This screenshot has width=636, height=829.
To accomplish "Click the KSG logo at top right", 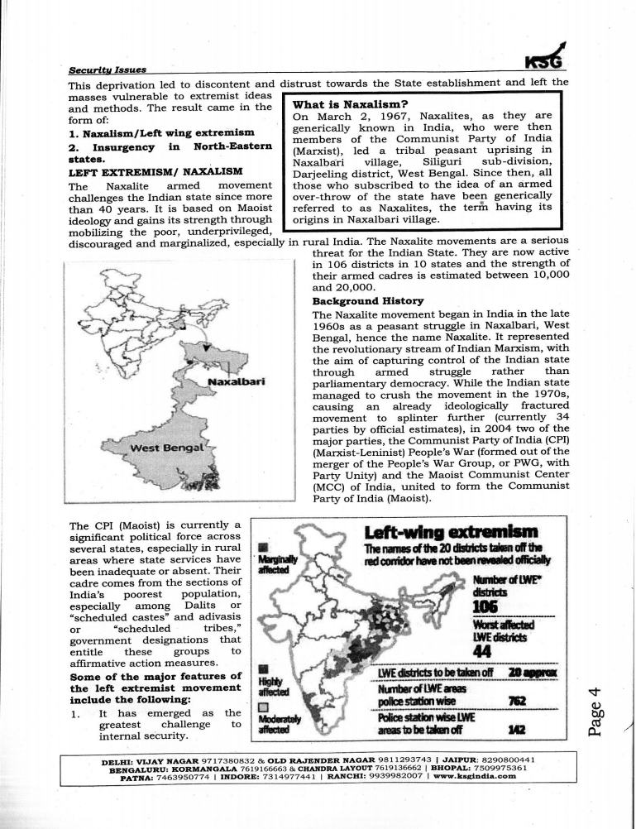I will pos(549,59).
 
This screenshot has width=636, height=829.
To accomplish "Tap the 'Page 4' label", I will pos(600,697).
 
